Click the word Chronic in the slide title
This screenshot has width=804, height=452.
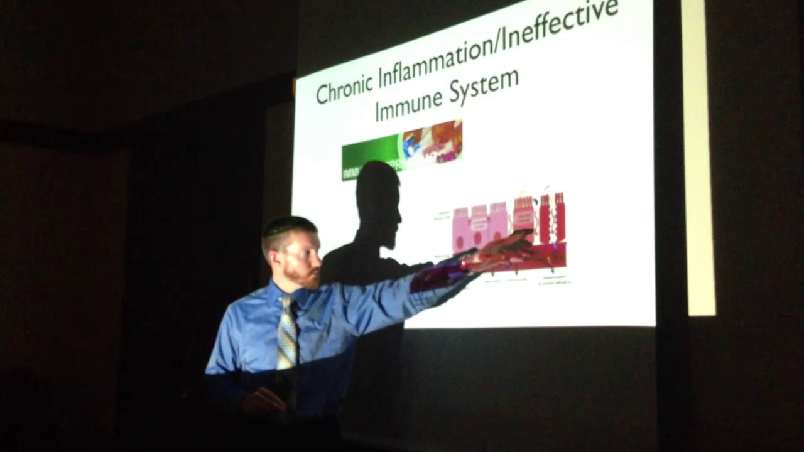point(344,89)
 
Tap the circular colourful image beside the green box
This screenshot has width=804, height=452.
point(432,141)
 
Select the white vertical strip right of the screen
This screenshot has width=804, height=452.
point(698,157)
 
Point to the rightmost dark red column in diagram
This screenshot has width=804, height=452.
point(559,217)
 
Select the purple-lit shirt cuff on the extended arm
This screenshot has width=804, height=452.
point(433,276)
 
